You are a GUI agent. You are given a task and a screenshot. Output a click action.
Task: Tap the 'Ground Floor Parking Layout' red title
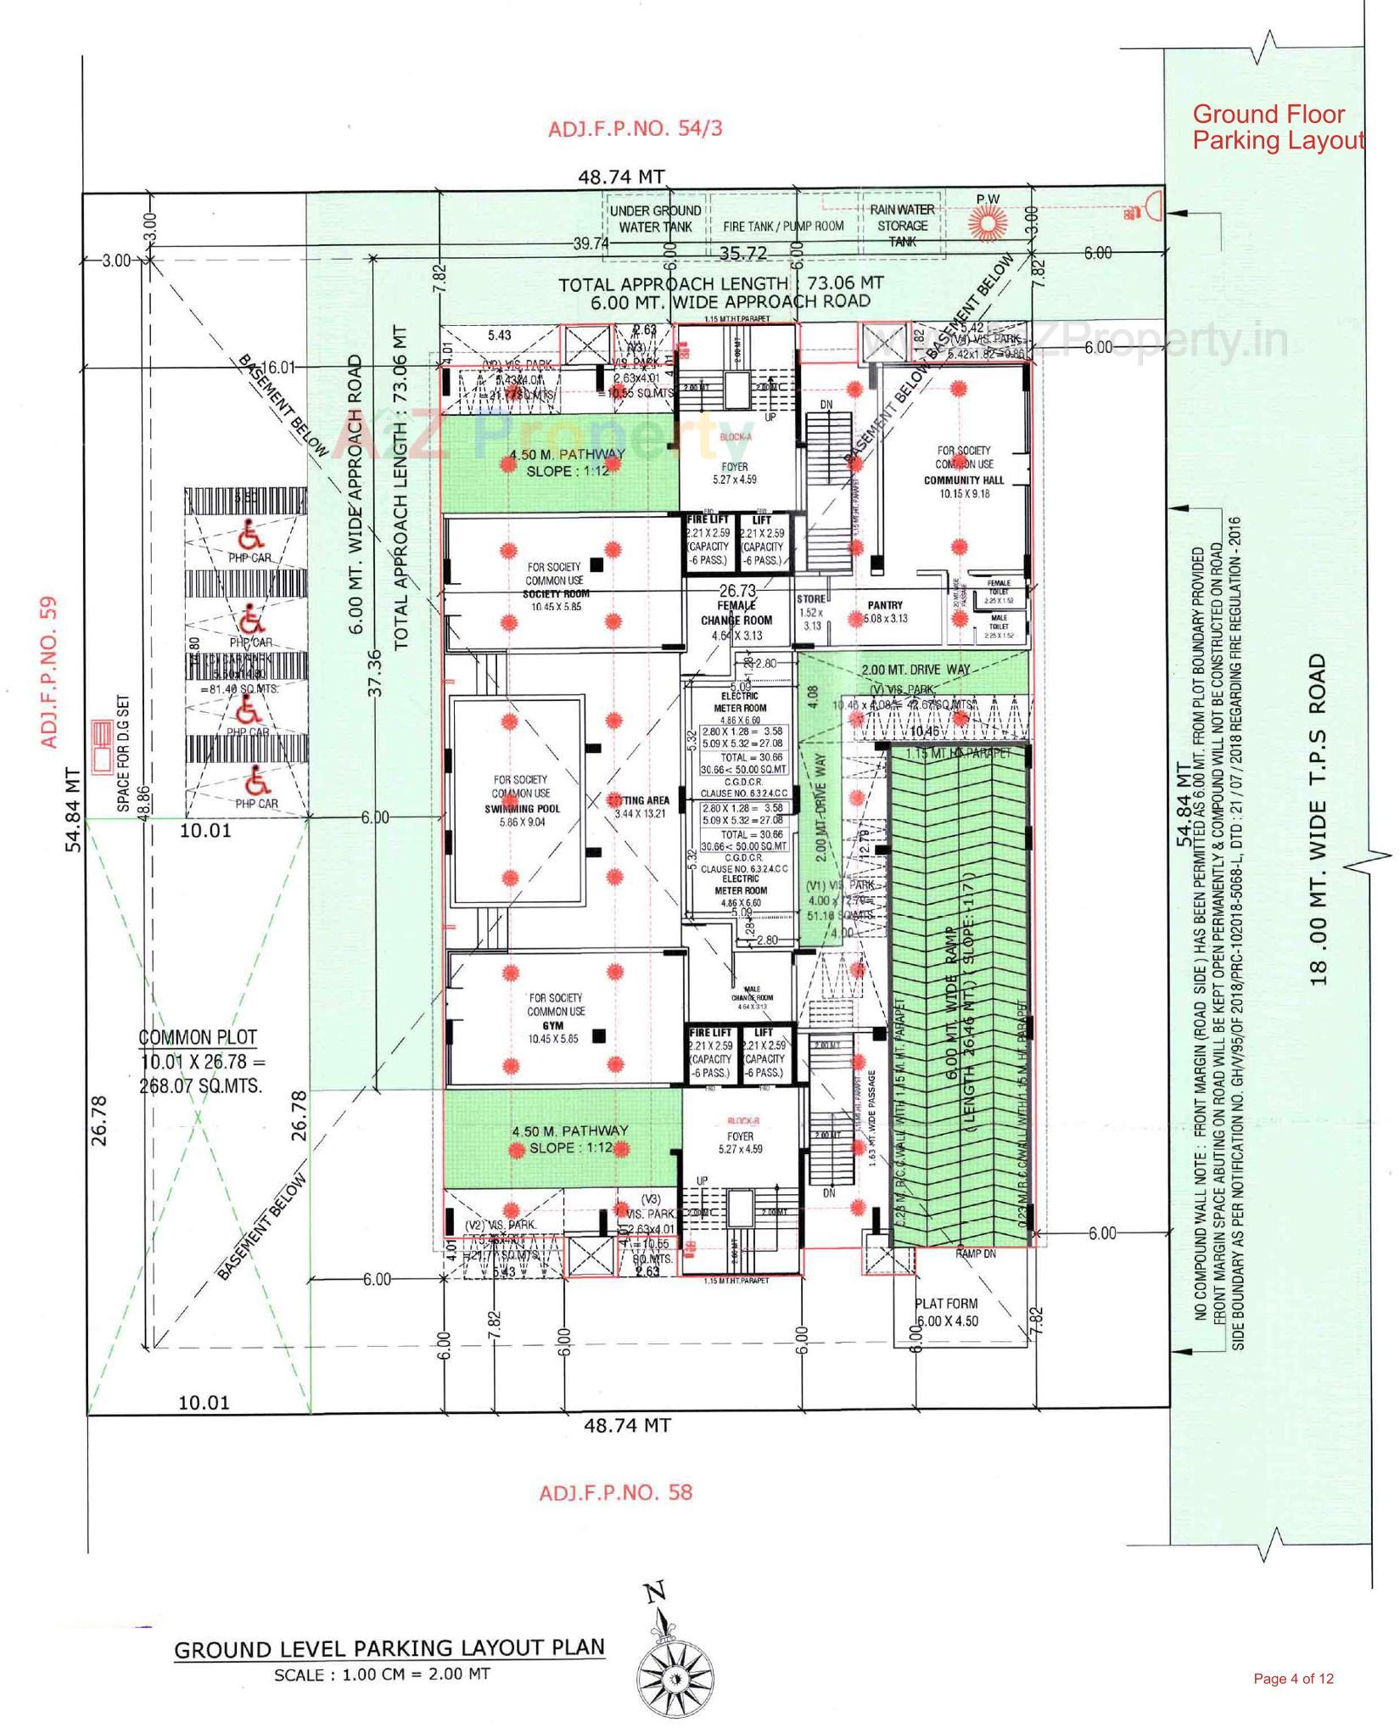1278,127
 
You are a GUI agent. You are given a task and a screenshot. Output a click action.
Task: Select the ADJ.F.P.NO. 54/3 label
636,129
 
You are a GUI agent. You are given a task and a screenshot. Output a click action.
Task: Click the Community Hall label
964,480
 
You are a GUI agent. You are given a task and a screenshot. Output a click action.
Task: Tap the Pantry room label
885,605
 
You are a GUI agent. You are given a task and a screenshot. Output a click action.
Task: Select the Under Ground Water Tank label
655,218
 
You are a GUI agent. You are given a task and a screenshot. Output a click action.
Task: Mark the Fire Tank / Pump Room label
783,227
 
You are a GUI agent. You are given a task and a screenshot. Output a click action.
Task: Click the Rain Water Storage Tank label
902,225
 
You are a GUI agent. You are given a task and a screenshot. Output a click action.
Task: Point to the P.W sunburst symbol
987,222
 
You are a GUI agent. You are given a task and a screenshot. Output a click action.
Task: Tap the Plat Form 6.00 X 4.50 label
946,1311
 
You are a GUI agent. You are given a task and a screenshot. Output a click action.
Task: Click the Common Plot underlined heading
198,1037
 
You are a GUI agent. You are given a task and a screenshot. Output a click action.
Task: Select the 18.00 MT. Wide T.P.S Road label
1318,819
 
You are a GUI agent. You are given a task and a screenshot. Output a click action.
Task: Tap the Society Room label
556,593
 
